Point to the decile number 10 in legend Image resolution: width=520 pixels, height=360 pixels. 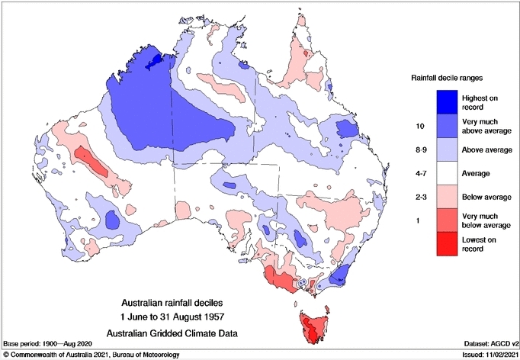(x=418, y=124)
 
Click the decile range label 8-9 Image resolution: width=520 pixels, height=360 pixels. (x=418, y=149)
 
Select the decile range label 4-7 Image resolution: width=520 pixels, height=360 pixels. (x=418, y=173)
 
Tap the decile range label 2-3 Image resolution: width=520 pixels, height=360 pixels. (x=418, y=196)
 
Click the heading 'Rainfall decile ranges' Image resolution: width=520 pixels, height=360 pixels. (x=447, y=77)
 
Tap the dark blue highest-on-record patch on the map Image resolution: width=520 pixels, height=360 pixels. (x=155, y=59)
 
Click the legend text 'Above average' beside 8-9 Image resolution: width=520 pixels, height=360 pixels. (x=486, y=149)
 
